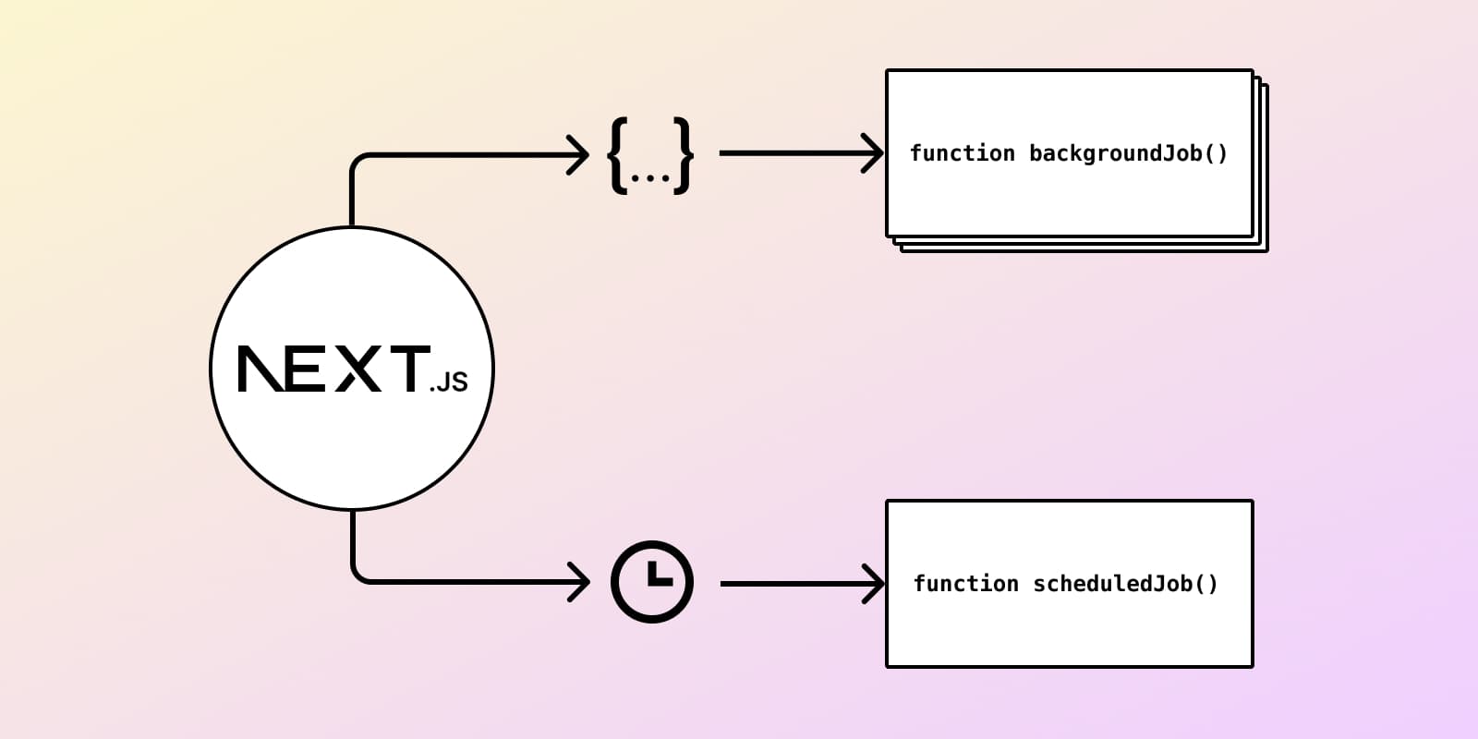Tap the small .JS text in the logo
pyautogui.click(x=449, y=382)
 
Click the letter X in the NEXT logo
pyautogui.click(x=357, y=369)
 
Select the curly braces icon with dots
pyautogui.click(x=650, y=155)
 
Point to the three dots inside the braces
pyautogui.click(x=650, y=176)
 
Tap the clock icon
pyautogui.click(x=651, y=582)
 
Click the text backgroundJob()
pyautogui.click(x=1128, y=153)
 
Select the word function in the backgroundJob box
pyautogui.click(x=962, y=153)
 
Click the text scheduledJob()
pyautogui.click(x=1125, y=584)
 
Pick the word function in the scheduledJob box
pyautogui.click(x=965, y=584)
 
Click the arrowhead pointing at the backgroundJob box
pyautogui.click(x=875, y=153)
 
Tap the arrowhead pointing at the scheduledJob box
pyautogui.click(x=875, y=584)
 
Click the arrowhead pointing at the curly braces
pyautogui.click(x=579, y=154)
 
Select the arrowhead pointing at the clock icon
pyautogui.click(x=580, y=582)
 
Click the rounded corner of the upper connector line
pyautogui.click(x=357, y=161)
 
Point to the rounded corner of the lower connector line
pyautogui.click(x=358, y=575)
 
